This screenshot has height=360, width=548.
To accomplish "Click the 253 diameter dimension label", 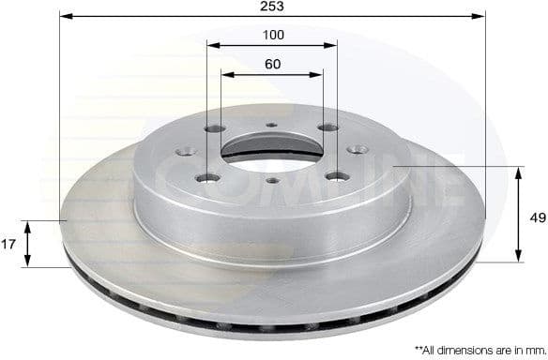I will pyautogui.click(x=273, y=6).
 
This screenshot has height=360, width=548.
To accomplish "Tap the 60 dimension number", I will pyautogui.click(x=272, y=65).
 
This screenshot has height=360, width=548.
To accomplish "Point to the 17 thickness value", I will pyautogui.click(x=8, y=244).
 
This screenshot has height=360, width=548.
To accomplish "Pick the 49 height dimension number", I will pyautogui.click(x=535, y=217).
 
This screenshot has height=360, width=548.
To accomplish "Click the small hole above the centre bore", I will pyautogui.click(x=271, y=126).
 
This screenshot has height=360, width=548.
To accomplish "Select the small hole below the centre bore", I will pyautogui.click(x=272, y=180).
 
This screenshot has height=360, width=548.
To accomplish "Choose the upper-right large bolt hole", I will pyautogui.click(x=326, y=129).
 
